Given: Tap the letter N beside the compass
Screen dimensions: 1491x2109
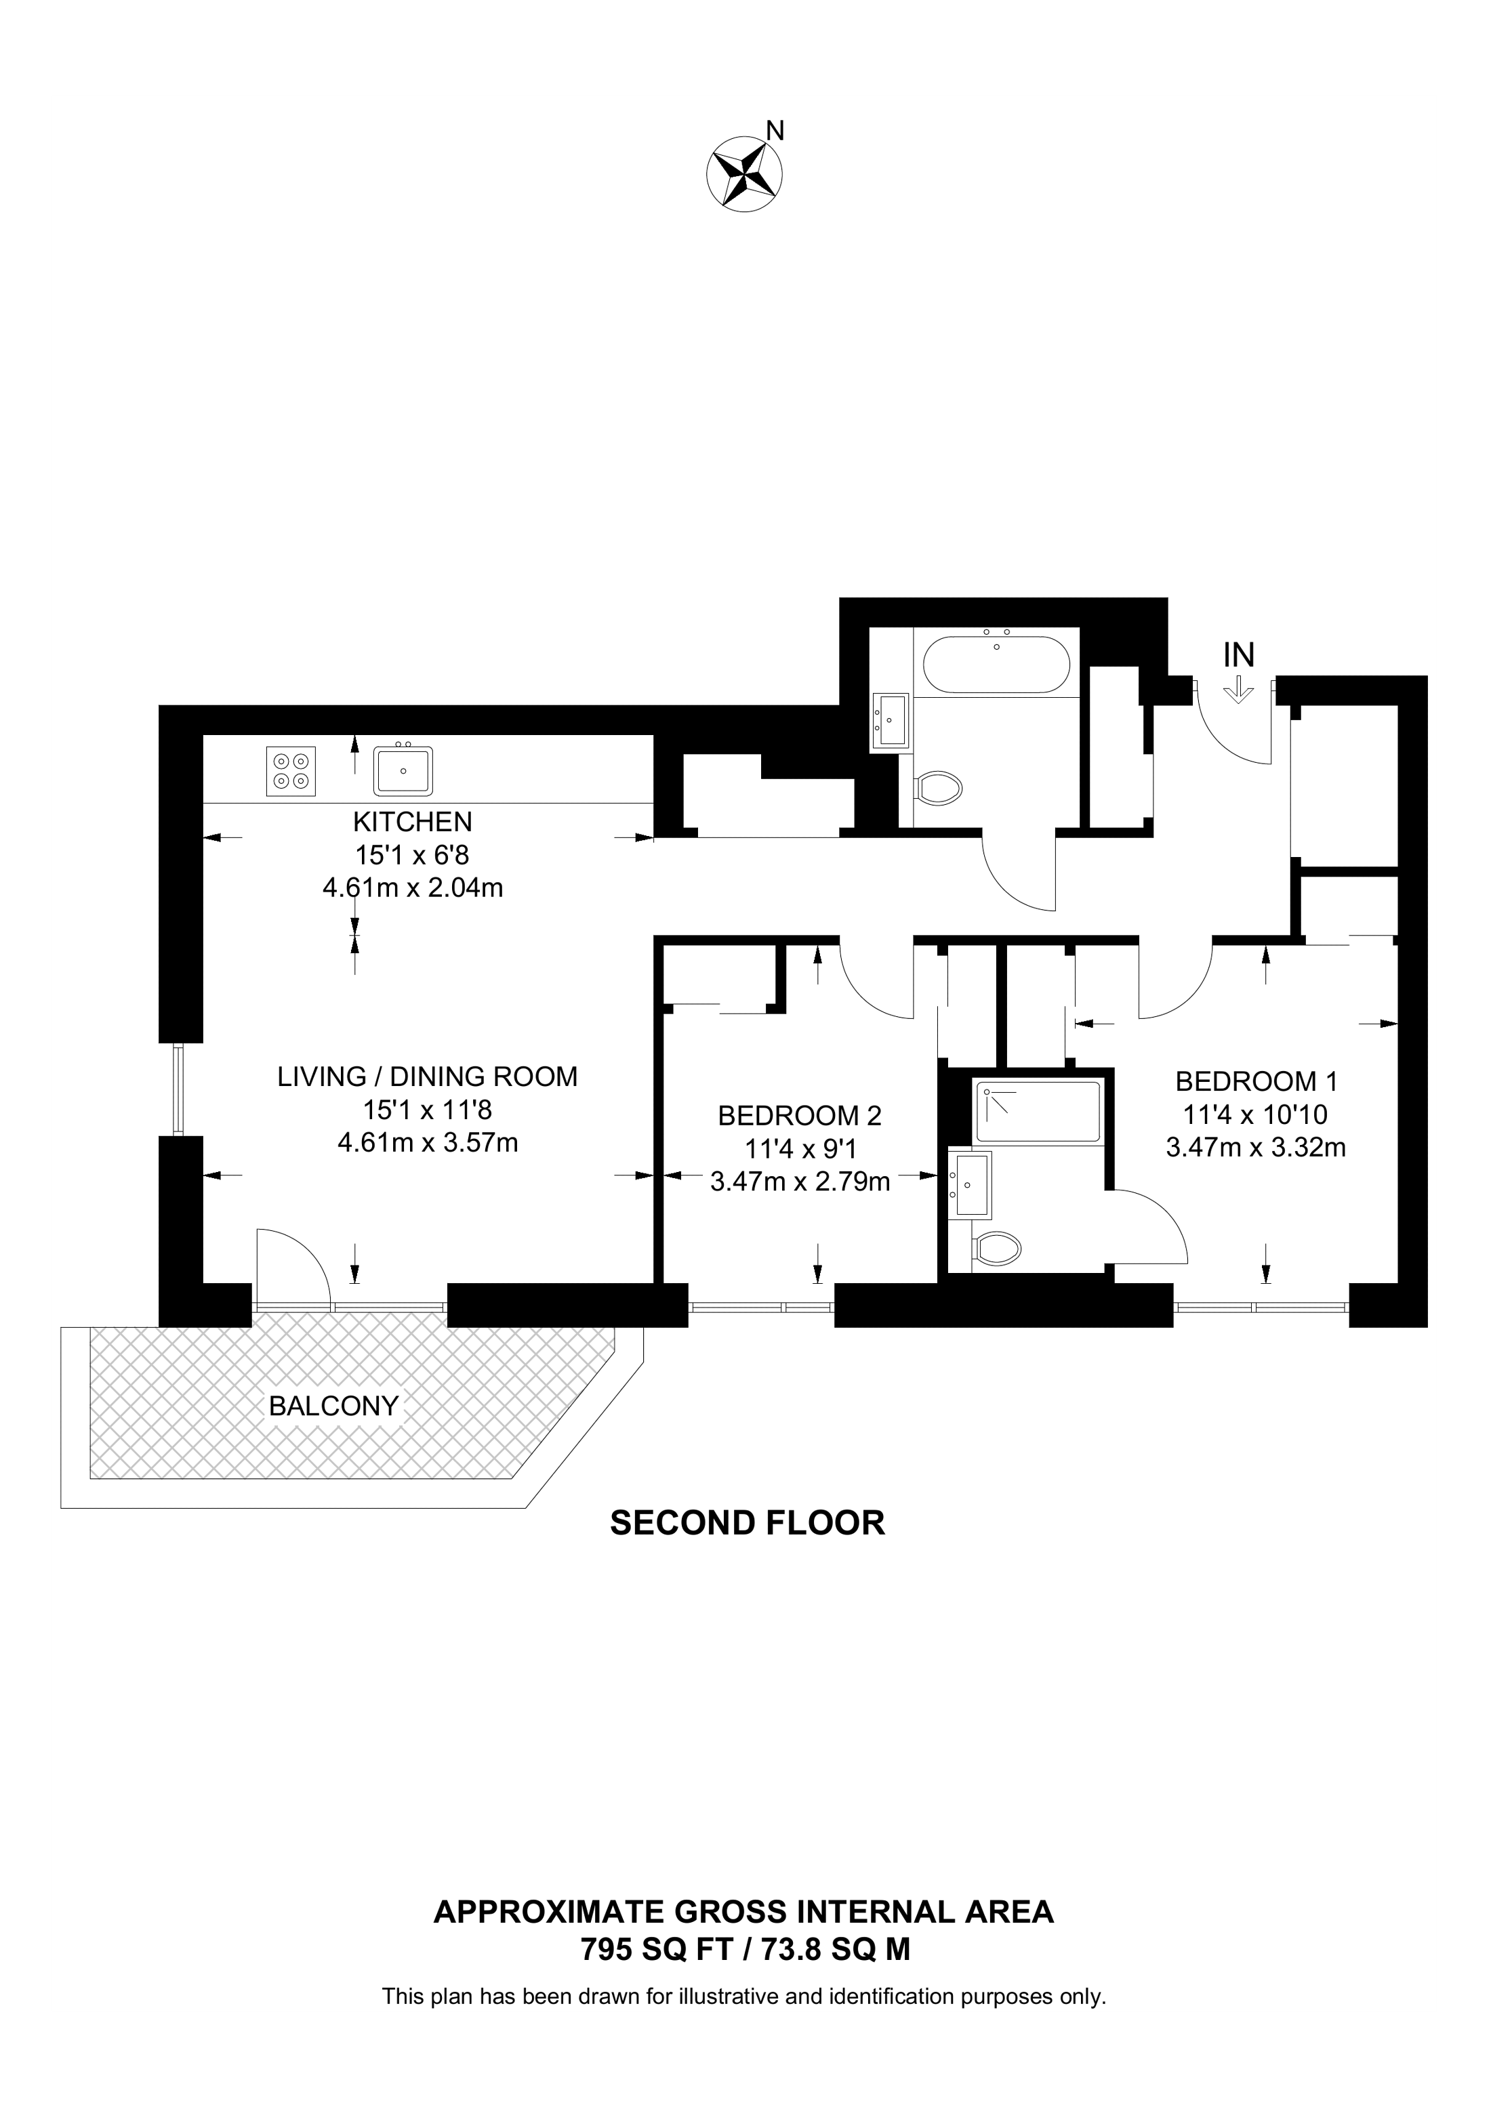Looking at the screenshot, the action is (775, 131).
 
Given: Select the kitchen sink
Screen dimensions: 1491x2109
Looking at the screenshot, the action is (403, 770).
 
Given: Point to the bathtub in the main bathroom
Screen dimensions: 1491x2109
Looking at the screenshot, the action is (996, 664).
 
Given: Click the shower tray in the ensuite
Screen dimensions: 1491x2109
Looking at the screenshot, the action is (1038, 1113).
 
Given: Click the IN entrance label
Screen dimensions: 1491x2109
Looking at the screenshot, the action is (1238, 655).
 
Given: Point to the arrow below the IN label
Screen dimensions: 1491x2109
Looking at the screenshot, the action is (1238, 690).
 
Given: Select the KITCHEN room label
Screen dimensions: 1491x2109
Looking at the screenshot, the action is (413, 820).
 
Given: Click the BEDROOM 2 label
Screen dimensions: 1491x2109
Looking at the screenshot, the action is (799, 1116).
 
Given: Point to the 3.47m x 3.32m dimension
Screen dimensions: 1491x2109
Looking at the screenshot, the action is (1256, 1147).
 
